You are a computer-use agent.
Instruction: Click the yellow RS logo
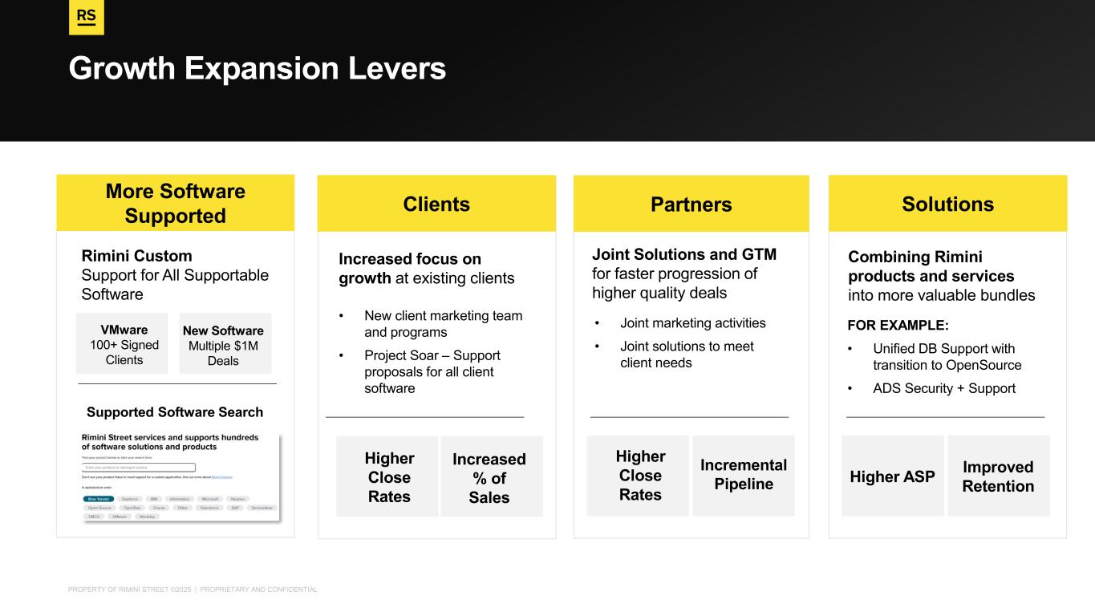click(87, 18)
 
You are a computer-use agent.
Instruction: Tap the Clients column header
click(436, 205)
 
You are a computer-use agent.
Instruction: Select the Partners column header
click(691, 205)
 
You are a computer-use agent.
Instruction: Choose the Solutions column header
click(947, 205)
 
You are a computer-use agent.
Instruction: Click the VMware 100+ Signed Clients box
click(122, 344)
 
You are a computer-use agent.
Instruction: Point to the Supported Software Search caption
click(175, 412)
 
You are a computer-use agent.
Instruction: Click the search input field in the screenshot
click(139, 467)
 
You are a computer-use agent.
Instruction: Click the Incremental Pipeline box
click(743, 475)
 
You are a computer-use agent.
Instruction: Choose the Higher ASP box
click(893, 476)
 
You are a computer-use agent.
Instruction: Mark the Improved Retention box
click(998, 476)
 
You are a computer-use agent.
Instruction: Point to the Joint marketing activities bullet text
click(693, 323)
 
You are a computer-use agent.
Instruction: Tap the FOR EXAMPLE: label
click(898, 326)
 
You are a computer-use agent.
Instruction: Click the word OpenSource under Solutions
click(984, 365)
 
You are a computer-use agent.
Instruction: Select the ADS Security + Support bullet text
click(944, 388)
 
